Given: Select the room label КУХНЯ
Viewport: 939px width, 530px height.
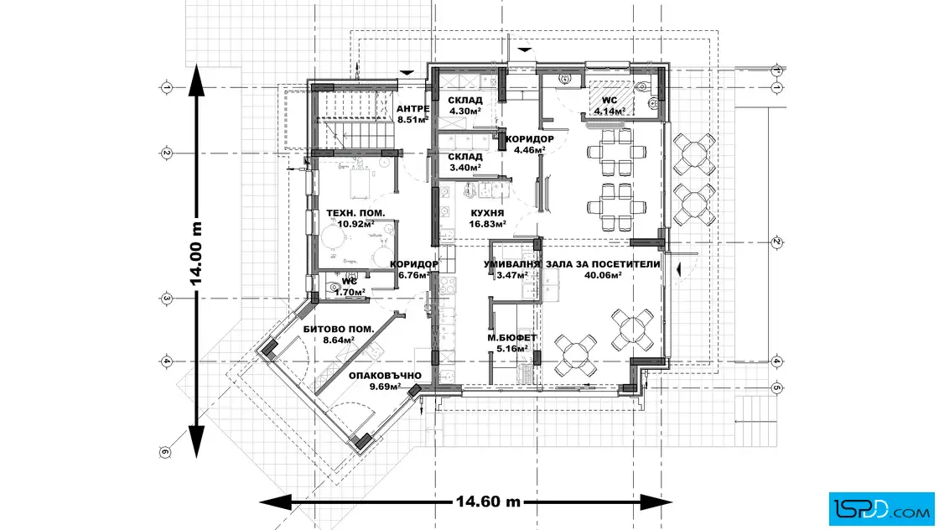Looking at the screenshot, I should [x=487, y=214].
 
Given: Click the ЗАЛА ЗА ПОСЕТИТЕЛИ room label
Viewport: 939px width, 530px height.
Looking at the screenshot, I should [x=602, y=264].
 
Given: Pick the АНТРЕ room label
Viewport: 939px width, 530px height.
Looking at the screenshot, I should [x=412, y=109].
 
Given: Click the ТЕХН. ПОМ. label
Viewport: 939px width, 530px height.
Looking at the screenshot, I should [x=355, y=214].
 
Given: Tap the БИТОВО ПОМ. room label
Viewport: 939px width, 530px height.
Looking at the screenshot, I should [x=339, y=330].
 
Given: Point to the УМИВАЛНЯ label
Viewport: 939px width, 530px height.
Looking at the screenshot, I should [x=511, y=264].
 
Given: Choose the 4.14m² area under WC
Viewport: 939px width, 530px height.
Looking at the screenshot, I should [x=609, y=111].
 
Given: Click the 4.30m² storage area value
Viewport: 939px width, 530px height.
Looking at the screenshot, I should [x=465, y=111].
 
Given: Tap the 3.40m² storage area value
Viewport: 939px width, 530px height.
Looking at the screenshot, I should [x=465, y=167].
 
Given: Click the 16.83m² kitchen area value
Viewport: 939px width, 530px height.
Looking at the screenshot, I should [x=487, y=225].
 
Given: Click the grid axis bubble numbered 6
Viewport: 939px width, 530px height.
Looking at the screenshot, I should [x=164, y=453].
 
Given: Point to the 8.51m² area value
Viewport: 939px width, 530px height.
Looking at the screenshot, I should [x=412, y=120].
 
